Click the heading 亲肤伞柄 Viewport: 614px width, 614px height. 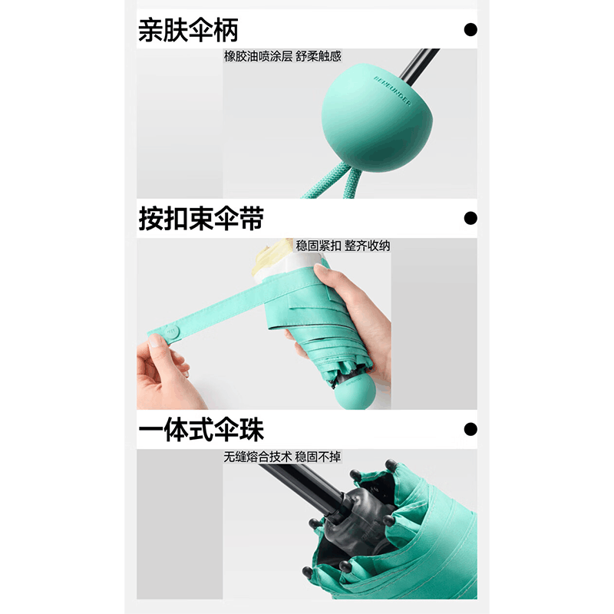click(x=188, y=30)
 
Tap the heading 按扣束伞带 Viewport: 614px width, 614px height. click(x=201, y=219)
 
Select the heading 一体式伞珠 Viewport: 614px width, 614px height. click(x=201, y=430)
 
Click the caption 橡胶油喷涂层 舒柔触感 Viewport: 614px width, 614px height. click(x=282, y=56)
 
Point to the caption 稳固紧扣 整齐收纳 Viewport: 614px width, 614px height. click(x=343, y=246)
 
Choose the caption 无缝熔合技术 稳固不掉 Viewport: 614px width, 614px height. click(x=282, y=457)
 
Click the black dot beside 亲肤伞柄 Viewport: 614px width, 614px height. click(x=470, y=29)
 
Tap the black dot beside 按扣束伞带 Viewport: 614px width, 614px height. click(x=470, y=218)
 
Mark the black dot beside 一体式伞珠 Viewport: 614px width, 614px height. click(x=470, y=429)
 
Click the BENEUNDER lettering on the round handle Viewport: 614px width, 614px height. click(x=392, y=91)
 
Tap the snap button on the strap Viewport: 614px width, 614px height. click(x=172, y=332)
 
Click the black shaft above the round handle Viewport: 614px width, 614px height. click(x=419, y=67)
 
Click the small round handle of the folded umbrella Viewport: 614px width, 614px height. click(x=355, y=393)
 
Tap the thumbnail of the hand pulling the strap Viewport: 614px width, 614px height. click(x=264, y=324)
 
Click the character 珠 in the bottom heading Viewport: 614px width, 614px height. click(x=252, y=430)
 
